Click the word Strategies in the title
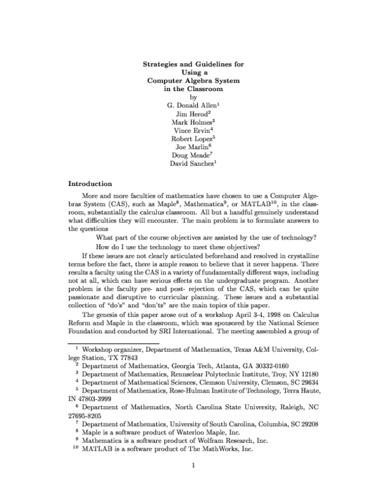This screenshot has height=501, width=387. coord(161,65)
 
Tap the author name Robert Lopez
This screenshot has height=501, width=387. coord(192,139)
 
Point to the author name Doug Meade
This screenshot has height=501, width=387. coord(192,156)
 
